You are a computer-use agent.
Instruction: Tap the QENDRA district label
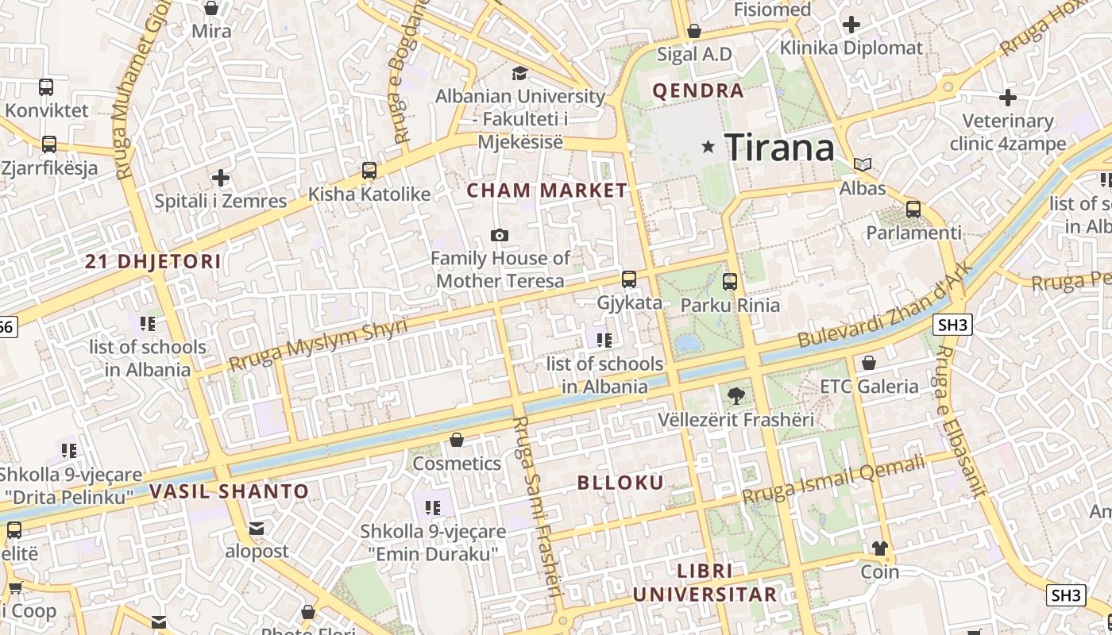click(x=698, y=90)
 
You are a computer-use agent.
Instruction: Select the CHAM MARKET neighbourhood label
click(x=546, y=190)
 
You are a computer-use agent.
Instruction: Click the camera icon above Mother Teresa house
click(x=500, y=235)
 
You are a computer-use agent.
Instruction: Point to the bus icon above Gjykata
click(x=629, y=279)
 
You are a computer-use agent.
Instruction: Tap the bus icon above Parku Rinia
click(x=730, y=281)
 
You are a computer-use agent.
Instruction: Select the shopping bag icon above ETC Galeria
click(x=869, y=363)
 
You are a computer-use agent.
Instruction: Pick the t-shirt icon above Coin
click(x=880, y=548)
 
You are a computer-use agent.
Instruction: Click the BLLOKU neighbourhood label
click(x=620, y=483)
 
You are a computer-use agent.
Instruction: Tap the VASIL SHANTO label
click(x=230, y=491)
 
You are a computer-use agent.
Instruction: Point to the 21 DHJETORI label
click(x=153, y=262)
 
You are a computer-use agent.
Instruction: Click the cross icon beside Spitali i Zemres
click(x=221, y=178)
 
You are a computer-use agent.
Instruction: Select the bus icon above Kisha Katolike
click(x=369, y=170)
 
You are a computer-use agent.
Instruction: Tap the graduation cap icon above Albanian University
click(x=519, y=74)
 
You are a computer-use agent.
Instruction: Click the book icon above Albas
click(x=863, y=165)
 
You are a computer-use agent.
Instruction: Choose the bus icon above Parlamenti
click(x=913, y=210)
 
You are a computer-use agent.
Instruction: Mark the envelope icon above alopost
click(x=257, y=528)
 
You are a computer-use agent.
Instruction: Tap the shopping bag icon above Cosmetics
click(x=457, y=440)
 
